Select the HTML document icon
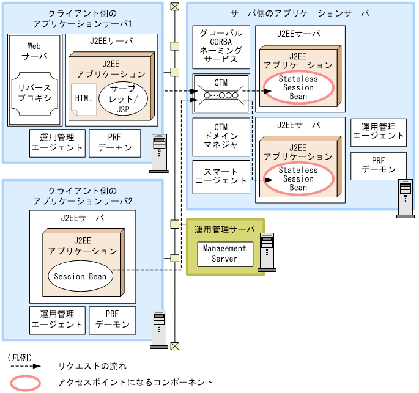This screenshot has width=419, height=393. (82, 100)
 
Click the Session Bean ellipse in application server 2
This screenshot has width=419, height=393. (80, 276)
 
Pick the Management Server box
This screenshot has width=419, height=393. (224, 254)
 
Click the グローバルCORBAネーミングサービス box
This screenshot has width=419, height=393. (221, 47)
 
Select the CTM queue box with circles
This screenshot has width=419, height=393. (221, 95)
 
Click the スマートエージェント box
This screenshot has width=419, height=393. (221, 176)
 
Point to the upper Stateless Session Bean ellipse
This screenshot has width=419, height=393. (298, 88)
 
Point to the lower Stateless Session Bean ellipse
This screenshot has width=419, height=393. (298, 179)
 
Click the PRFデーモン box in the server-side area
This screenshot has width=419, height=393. (378, 164)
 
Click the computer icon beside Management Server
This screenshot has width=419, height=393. (267, 251)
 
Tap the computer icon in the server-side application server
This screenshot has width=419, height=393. (405, 197)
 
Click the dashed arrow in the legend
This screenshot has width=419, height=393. (24, 366)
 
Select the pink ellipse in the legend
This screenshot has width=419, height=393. (24, 383)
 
